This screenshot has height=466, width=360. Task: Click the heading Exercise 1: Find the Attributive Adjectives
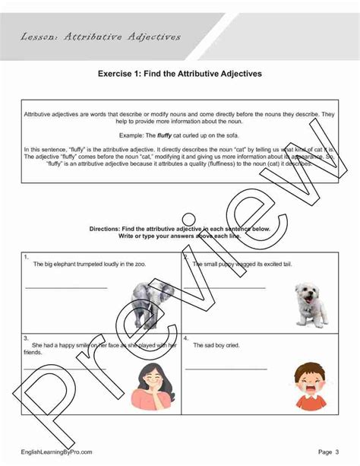pyautogui.click(x=180, y=74)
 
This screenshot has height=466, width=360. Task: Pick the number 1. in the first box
pyautogui.click(x=26, y=257)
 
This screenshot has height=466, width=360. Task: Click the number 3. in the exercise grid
pyautogui.click(x=26, y=337)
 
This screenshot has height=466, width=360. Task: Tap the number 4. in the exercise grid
pyautogui.click(x=186, y=337)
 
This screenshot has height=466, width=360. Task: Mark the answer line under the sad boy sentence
pyautogui.click(x=226, y=369)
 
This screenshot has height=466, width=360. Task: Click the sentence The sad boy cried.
pyautogui.click(x=216, y=345)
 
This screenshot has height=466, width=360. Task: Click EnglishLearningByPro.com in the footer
pyautogui.click(x=57, y=452)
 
